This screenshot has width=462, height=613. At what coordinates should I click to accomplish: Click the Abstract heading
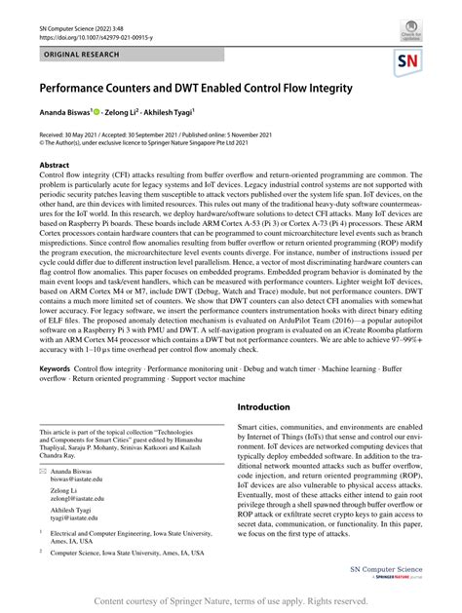55,166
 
